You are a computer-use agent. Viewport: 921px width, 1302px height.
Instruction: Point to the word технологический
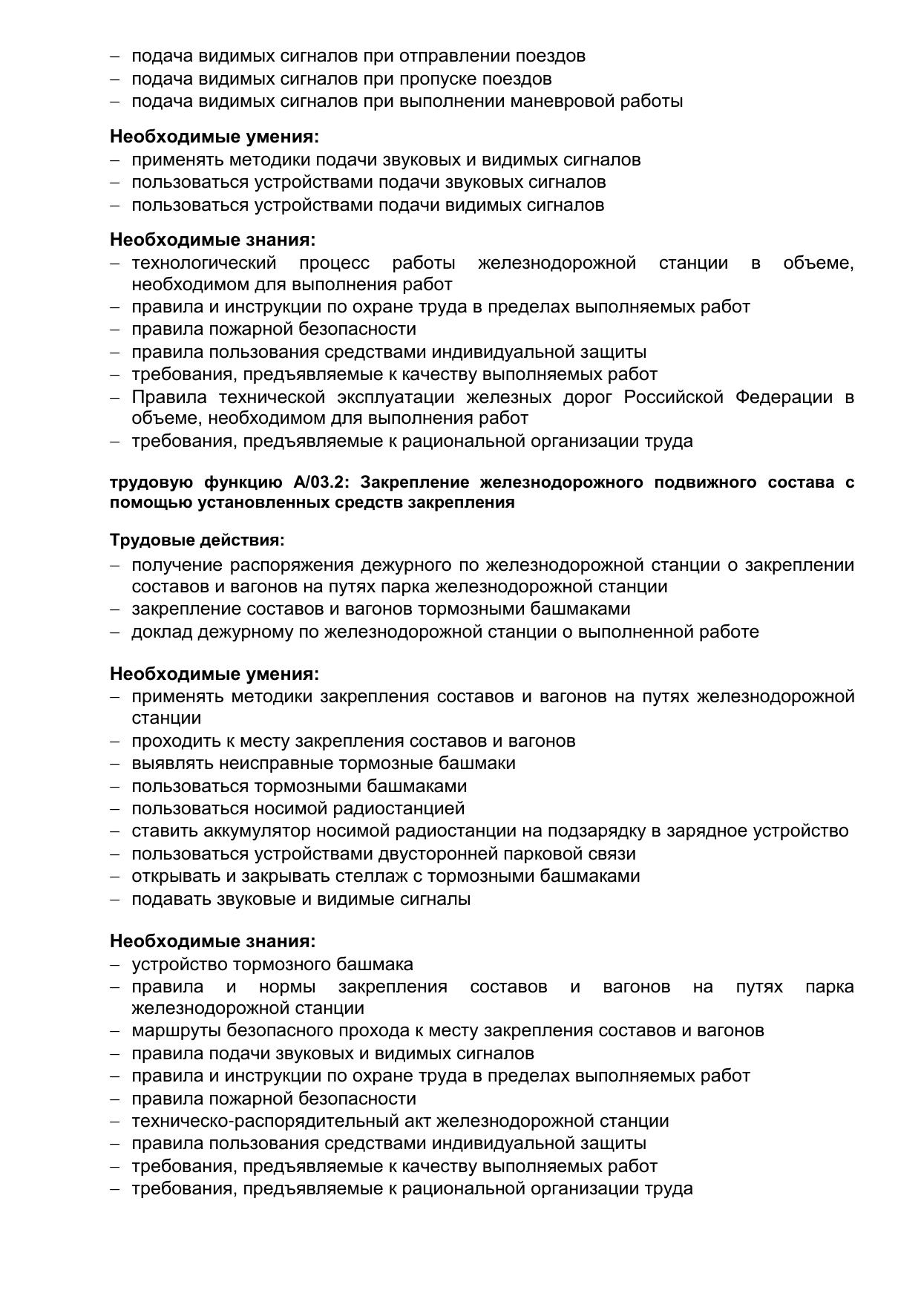pos(204,263)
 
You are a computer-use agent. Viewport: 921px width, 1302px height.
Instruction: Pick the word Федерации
pos(784,397)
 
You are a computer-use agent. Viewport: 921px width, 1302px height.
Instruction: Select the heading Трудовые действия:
pos(197,540)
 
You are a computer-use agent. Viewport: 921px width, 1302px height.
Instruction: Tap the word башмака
pos(376,964)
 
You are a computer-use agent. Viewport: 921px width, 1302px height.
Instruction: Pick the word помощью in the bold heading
pos(142,503)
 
